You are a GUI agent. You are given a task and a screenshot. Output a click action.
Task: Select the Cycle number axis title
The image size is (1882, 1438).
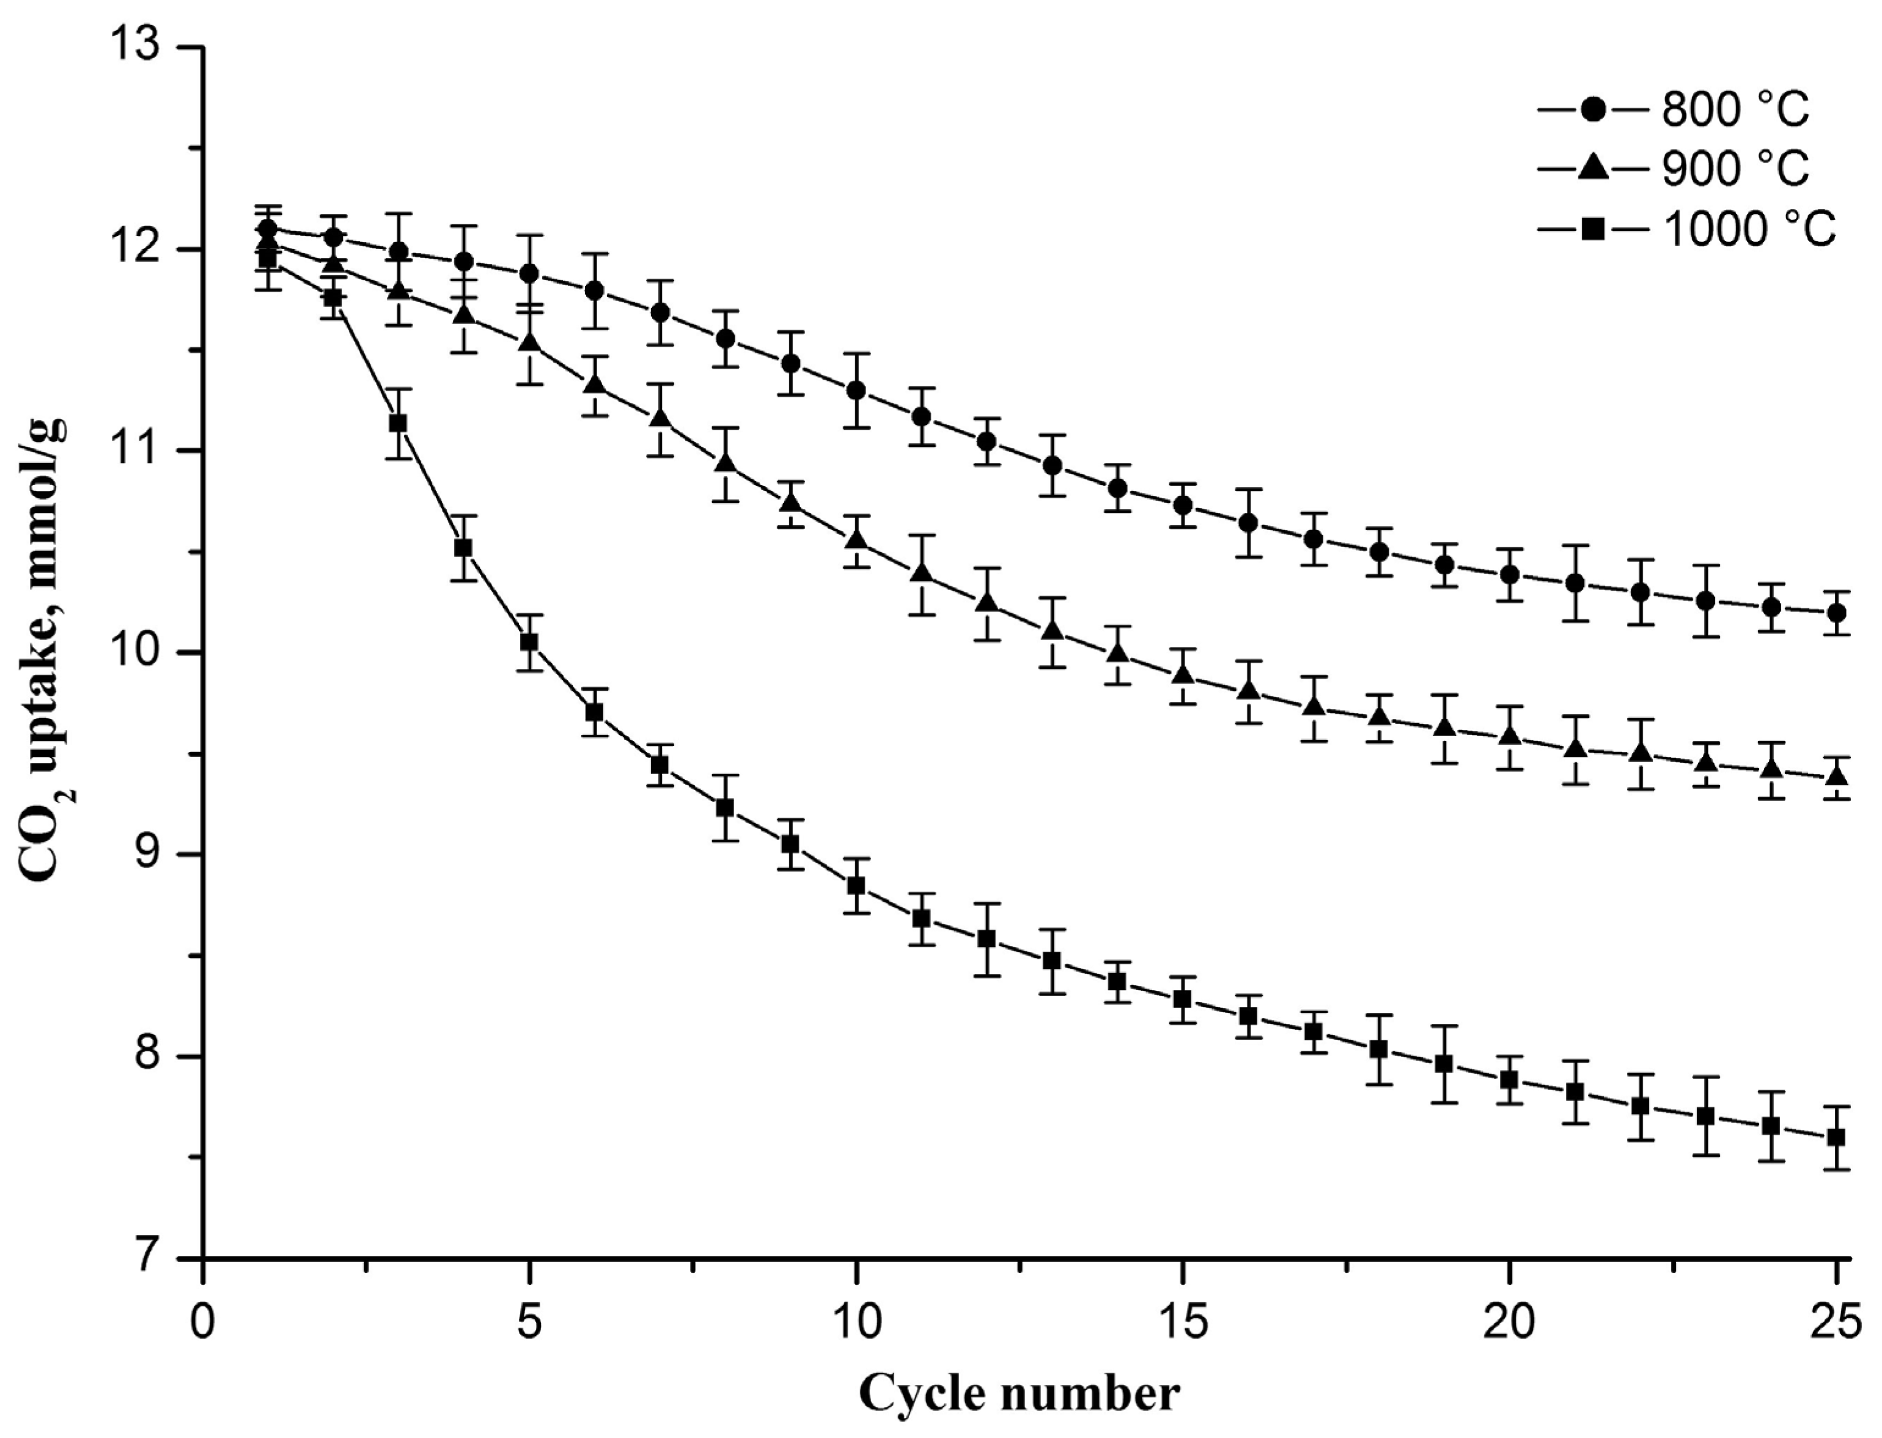pos(1018,1393)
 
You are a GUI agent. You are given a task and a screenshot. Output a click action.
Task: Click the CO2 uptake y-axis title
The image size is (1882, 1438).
pos(47,651)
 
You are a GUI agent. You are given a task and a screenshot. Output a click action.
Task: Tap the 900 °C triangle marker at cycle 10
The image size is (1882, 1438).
pos(855,541)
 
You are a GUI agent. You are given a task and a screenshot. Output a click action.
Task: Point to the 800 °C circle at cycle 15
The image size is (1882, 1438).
pos(1183,505)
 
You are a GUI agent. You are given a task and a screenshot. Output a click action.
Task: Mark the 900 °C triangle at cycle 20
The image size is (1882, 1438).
pos(1510,737)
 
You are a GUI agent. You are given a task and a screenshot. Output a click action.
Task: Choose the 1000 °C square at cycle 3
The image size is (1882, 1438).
pos(398,423)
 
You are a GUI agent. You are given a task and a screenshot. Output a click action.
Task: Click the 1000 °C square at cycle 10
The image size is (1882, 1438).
pos(855,885)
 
